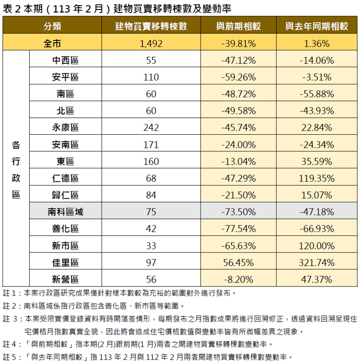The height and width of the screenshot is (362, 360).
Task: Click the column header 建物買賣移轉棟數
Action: point(151,26)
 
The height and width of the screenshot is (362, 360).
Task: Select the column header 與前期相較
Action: point(238,26)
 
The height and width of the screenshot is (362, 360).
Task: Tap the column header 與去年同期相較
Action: point(316,26)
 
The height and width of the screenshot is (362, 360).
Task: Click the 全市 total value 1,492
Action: point(151,44)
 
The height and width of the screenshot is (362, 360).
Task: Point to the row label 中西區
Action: point(65,61)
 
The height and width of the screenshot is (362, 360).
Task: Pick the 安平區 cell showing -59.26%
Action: point(238,77)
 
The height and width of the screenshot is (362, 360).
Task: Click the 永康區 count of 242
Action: point(151,128)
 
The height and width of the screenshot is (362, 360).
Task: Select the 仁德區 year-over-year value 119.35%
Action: point(316,178)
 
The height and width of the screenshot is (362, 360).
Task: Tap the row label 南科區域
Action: point(65,212)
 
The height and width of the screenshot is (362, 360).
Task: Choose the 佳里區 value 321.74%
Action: point(316,263)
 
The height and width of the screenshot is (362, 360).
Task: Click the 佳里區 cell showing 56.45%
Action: point(238,263)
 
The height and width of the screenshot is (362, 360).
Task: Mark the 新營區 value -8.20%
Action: point(238,280)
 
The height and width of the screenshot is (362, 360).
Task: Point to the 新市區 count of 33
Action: point(151,246)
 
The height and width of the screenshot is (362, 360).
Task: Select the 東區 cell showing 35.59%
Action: point(316,161)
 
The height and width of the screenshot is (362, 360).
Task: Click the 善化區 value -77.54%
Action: point(238,229)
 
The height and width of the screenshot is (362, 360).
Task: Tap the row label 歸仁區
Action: point(65,195)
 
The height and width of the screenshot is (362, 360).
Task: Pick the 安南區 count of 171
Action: point(151,145)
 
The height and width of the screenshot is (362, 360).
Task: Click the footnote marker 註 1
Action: point(10,293)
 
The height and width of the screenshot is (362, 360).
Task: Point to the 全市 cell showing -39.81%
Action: point(238,44)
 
